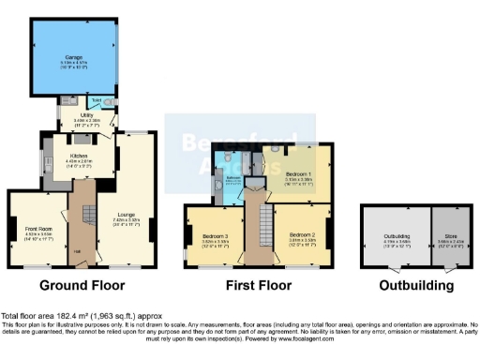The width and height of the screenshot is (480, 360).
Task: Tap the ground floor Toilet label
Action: click(97, 97)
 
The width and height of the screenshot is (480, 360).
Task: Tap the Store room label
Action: click(447, 235)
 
